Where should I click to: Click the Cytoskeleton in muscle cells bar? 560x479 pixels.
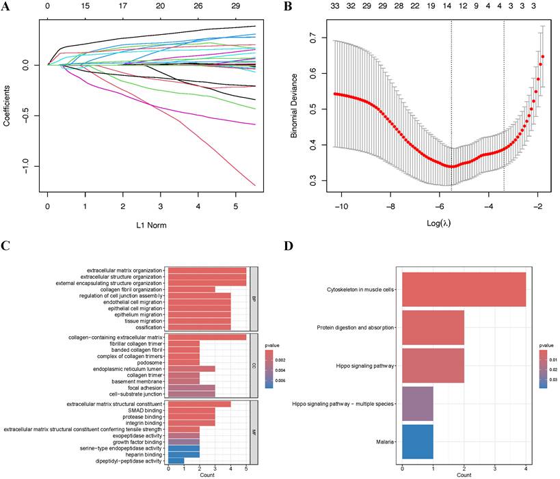pyautogui.click(x=464, y=290)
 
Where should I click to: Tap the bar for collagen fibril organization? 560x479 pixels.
pyautogui.click(x=191, y=289)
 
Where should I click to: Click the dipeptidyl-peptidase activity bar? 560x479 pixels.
pyautogui.click(x=176, y=461)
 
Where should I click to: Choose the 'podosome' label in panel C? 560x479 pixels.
pyautogui.click(x=150, y=363)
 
